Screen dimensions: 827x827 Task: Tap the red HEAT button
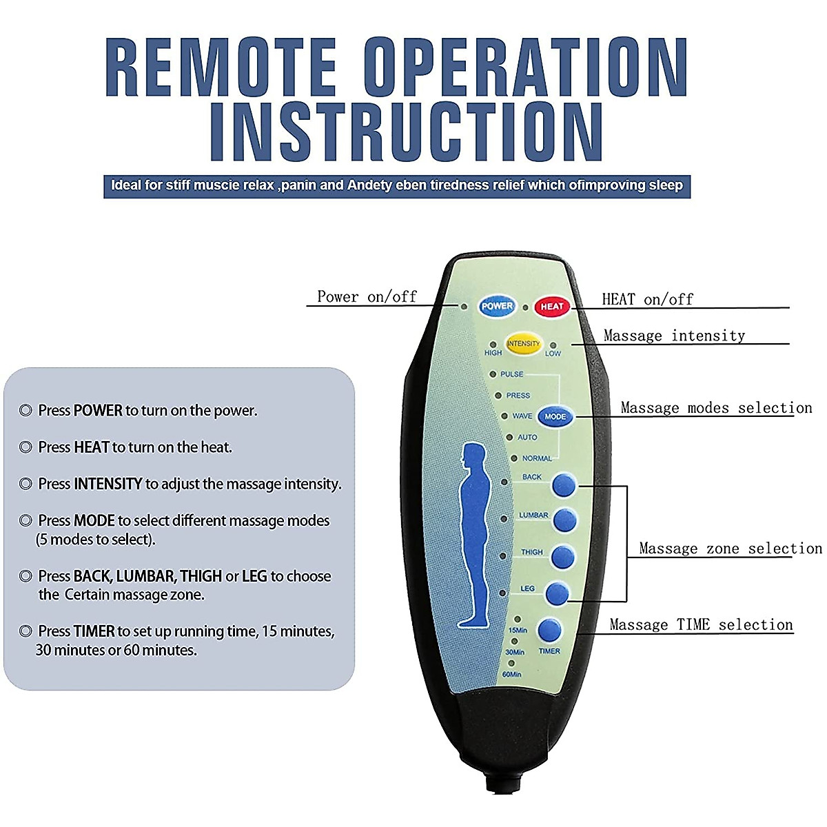pyautogui.click(x=551, y=307)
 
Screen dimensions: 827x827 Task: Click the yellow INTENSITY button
pyautogui.click(x=522, y=343)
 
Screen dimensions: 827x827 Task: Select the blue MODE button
pyautogui.click(x=555, y=416)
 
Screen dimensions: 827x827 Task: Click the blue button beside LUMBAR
pyautogui.click(x=564, y=520)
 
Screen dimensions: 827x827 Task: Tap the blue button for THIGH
pyautogui.click(x=562, y=557)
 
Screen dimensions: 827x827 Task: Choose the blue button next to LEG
pyautogui.click(x=557, y=593)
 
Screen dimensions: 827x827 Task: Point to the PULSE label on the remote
pyautogui.click(x=511, y=374)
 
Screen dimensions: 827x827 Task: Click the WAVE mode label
pyautogui.click(x=522, y=416)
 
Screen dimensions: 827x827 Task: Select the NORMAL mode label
pyautogui.click(x=537, y=458)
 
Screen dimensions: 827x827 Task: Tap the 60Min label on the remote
pyautogui.click(x=511, y=674)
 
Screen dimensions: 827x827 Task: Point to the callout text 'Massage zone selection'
pyautogui.click(x=731, y=548)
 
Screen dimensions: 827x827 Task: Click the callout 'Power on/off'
pyautogui.click(x=367, y=296)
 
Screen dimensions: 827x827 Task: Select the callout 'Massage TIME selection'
pyautogui.click(x=702, y=624)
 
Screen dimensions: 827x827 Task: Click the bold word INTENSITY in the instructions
pyautogui.click(x=108, y=484)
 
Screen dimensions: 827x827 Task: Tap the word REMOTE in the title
pyautogui.click(x=221, y=68)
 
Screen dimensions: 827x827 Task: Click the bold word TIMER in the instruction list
pyautogui.click(x=94, y=631)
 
